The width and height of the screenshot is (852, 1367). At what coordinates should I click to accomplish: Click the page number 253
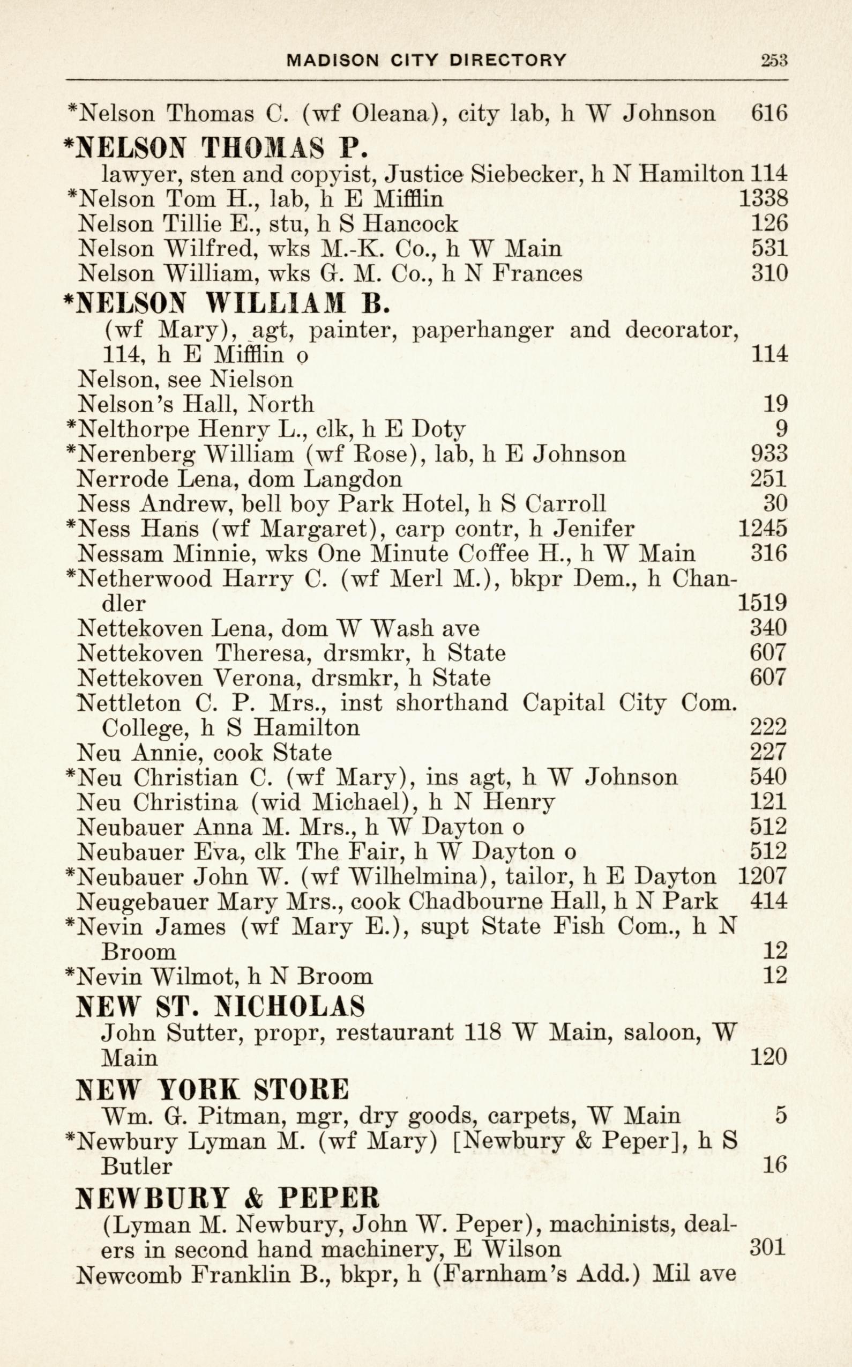click(x=773, y=61)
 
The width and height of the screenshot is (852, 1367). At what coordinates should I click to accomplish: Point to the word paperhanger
click(x=483, y=330)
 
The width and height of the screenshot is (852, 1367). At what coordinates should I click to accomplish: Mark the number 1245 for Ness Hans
click(x=762, y=528)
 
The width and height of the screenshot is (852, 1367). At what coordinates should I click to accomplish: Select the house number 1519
click(x=762, y=603)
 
